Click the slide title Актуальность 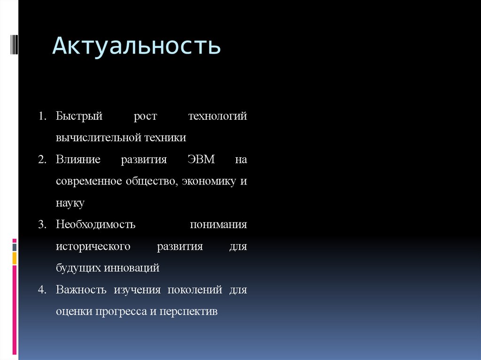click(x=136, y=46)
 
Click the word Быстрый click(x=79, y=116)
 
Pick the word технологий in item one click(x=217, y=116)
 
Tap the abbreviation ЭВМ click(x=201, y=160)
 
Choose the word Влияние click(x=78, y=160)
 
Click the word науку click(x=70, y=203)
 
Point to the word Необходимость click(x=96, y=224)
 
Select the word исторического click(x=93, y=246)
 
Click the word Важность click(x=81, y=290)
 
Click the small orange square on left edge click(x=15, y=257)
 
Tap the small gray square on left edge click(x=15, y=246)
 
